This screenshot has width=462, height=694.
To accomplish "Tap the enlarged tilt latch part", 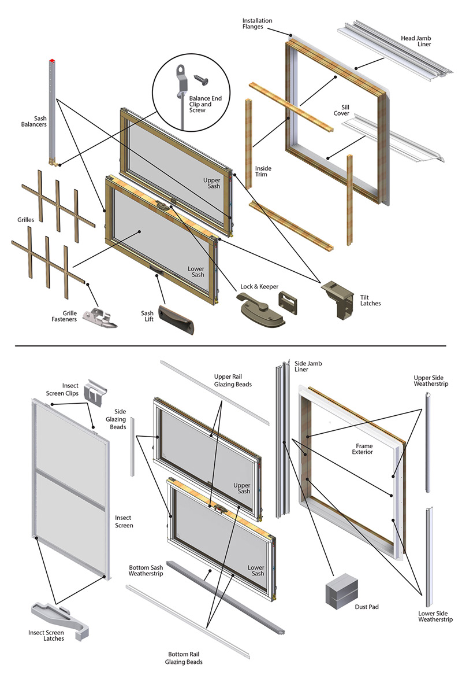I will coord(338,297).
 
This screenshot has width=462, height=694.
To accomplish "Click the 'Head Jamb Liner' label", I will coord(417,41).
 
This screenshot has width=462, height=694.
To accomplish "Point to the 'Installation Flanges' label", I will coord(258,24).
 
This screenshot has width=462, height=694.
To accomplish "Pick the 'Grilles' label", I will coord(27,220).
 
